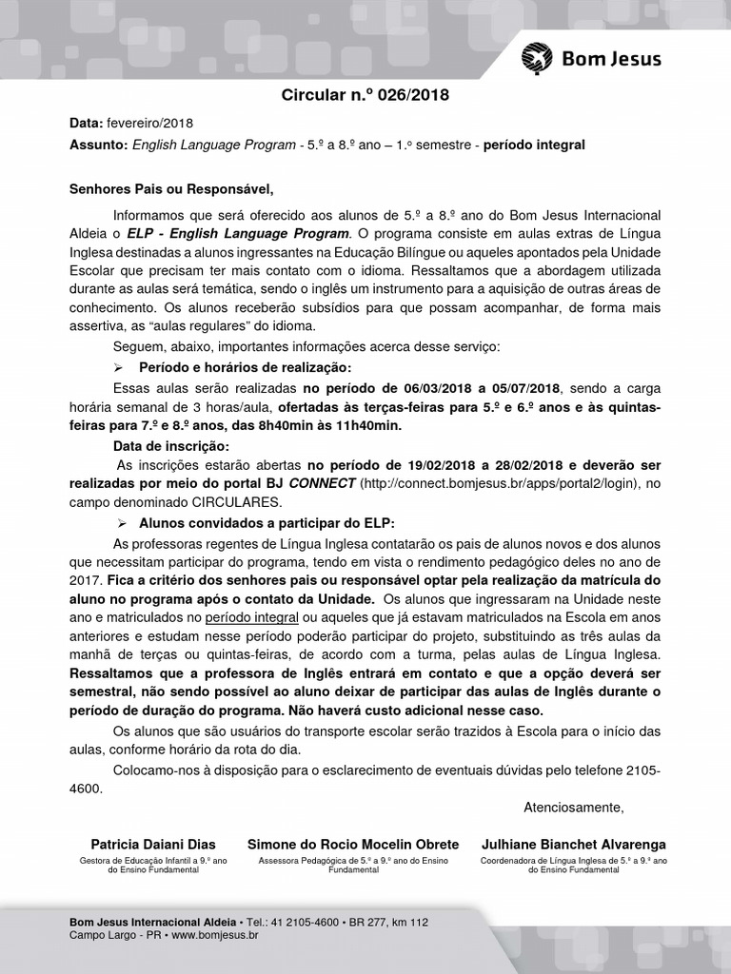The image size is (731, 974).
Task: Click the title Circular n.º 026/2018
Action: click(x=365, y=95)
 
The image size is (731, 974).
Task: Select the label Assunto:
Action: click(x=98, y=145)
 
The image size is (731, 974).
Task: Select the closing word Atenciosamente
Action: click(x=574, y=808)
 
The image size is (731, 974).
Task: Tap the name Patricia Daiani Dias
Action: click(x=153, y=845)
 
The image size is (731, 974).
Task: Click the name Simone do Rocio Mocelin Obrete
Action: click(x=353, y=845)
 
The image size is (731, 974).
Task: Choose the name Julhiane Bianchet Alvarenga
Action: click(x=574, y=845)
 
